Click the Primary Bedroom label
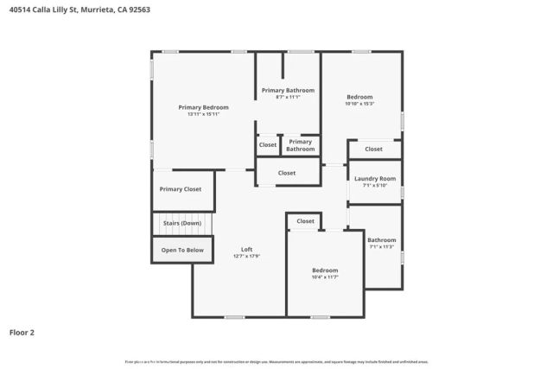pyautogui.click(x=203, y=107)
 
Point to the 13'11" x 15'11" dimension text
pyautogui.click(x=203, y=114)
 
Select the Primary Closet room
pyautogui.click(x=180, y=188)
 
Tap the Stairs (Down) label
pyautogui.click(x=181, y=223)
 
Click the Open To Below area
pyautogui.click(x=181, y=251)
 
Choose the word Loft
pyautogui.click(x=246, y=250)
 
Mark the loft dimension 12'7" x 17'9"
pyautogui.click(x=246, y=257)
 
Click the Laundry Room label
pyautogui.click(x=374, y=178)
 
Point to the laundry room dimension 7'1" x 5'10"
pyautogui.click(x=374, y=185)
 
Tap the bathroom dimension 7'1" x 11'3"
pyautogui.click(x=381, y=247)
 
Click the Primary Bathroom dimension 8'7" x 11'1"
pyautogui.click(x=288, y=97)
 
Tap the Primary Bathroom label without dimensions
pyautogui.click(x=301, y=145)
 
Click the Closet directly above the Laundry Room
pyautogui.click(x=373, y=149)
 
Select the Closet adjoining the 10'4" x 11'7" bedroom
pyautogui.click(x=305, y=221)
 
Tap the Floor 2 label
pyautogui.click(x=22, y=331)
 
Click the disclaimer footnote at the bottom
pyautogui.click(x=276, y=361)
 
